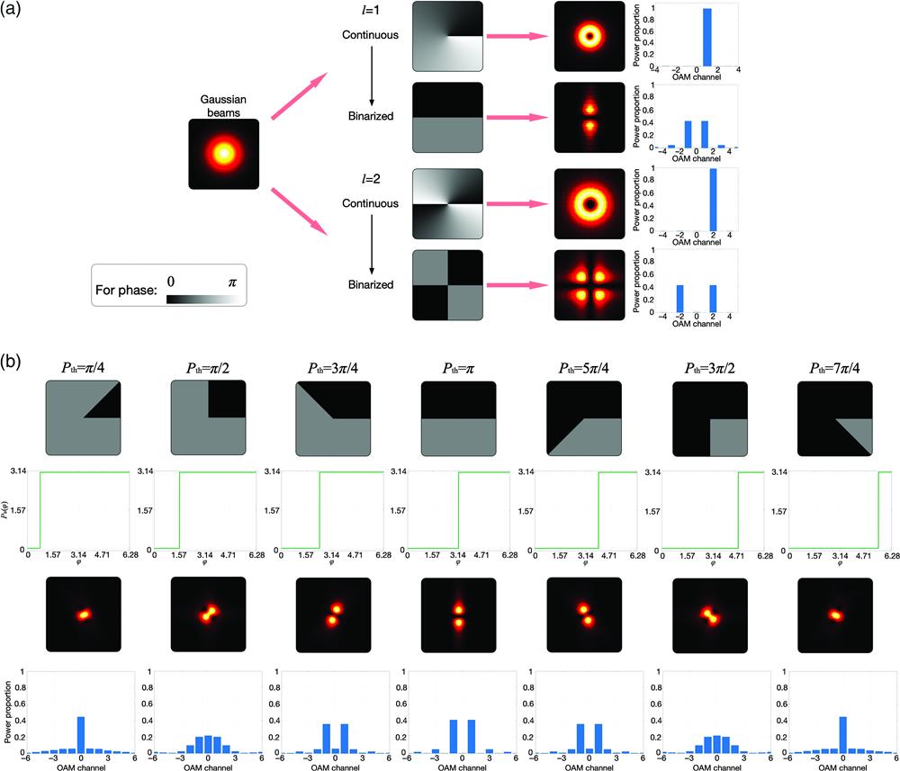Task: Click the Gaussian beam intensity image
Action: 224,154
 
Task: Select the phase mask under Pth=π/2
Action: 207,418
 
